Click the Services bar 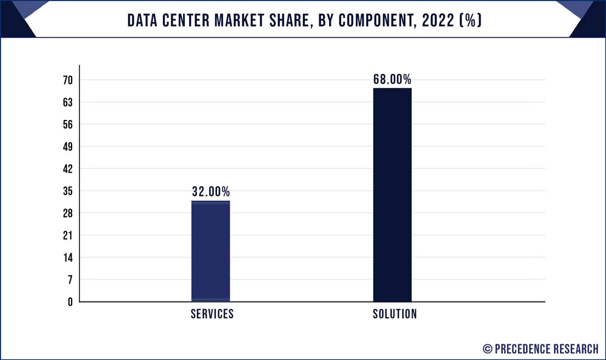click(210, 251)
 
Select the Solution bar click(392, 195)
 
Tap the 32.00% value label click(211, 192)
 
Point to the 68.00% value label click(392, 79)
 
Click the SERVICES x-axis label click(211, 314)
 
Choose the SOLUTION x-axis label click(395, 314)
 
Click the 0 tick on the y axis click(70, 302)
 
